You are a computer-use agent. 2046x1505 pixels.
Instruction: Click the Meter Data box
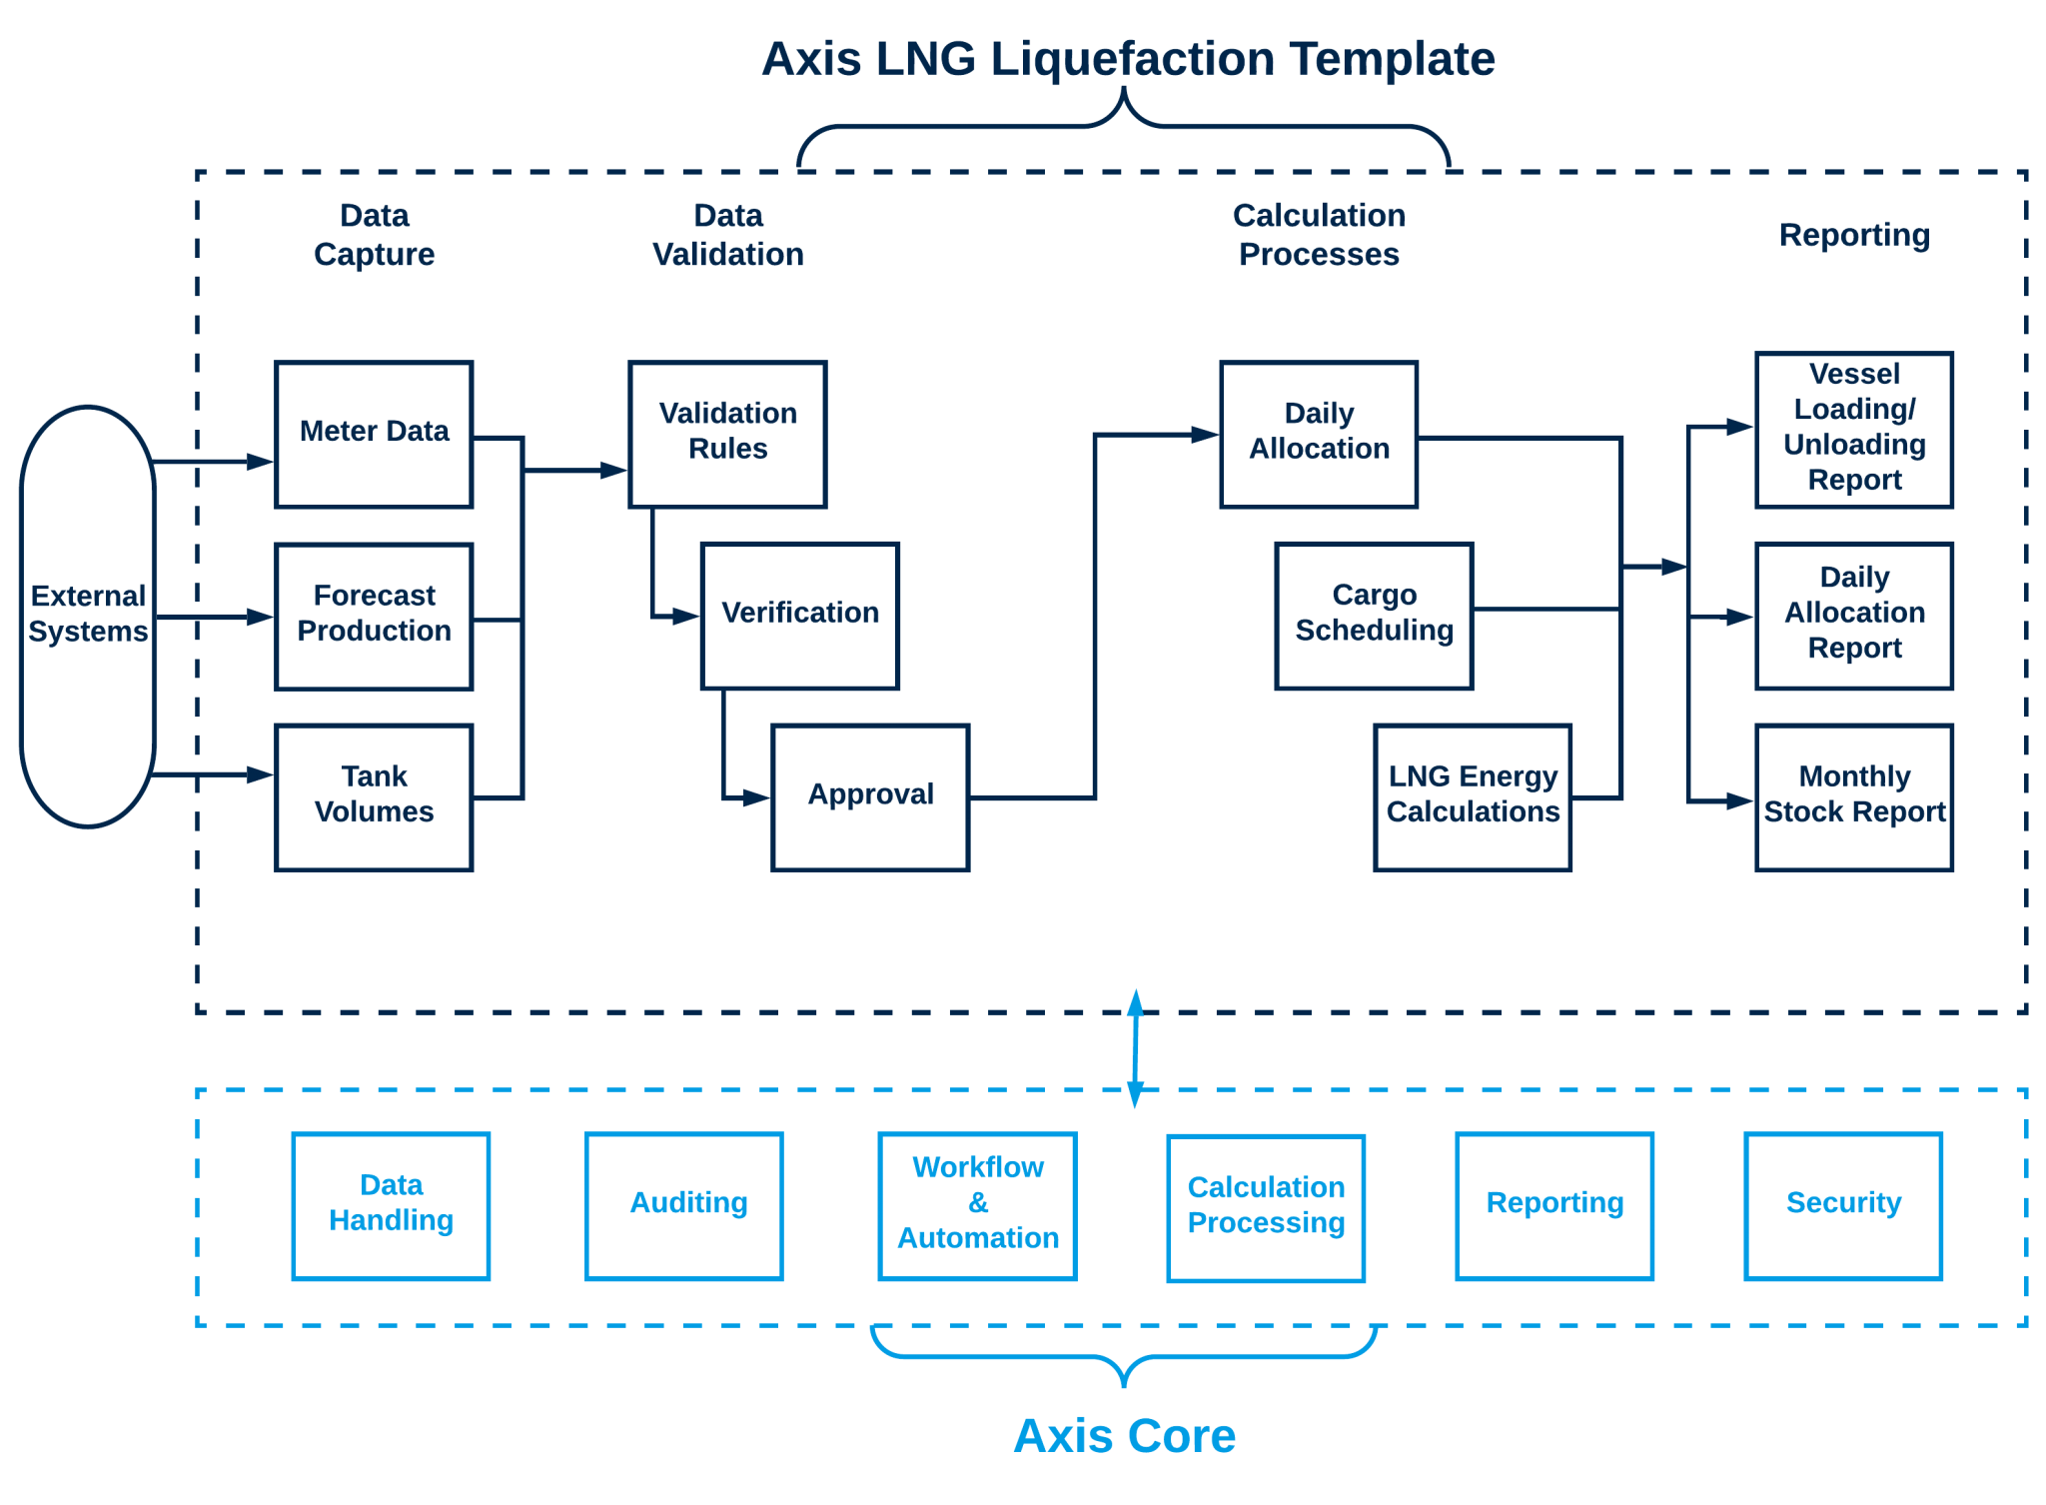coord(374,435)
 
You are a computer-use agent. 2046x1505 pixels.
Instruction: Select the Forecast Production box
coord(374,616)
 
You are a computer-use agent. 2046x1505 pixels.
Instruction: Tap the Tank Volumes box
coord(374,796)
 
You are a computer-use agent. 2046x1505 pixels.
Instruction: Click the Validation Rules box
coord(727,435)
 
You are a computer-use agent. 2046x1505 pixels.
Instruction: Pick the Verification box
coord(799,616)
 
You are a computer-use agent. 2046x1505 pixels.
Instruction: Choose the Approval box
coord(870,796)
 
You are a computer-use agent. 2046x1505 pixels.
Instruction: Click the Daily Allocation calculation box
coord(1319,435)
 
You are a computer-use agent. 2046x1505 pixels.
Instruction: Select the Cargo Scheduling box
coord(1374,616)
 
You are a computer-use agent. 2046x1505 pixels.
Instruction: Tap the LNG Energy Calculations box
coord(1473,796)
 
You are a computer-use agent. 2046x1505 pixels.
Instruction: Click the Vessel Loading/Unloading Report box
coord(1854,430)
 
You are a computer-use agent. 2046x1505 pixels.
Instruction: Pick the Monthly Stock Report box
coord(1854,796)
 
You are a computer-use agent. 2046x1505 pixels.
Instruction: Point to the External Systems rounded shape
coord(88,616)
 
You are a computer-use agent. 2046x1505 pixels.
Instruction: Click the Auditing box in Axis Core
coord(684,1205)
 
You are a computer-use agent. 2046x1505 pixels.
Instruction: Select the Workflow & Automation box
coord(977,1205)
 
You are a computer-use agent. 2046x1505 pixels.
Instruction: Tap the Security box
coord(1843,1205)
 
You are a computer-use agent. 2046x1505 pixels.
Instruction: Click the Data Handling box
coord(391,1205)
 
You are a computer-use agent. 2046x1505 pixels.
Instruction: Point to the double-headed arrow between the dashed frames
coord(1135,1049)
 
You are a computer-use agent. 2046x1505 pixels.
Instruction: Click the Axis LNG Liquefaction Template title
coord(1128,60)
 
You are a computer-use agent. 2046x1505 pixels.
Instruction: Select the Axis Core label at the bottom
coord(1125,1436)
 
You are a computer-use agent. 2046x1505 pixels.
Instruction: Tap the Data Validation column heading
coord(727,235)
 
